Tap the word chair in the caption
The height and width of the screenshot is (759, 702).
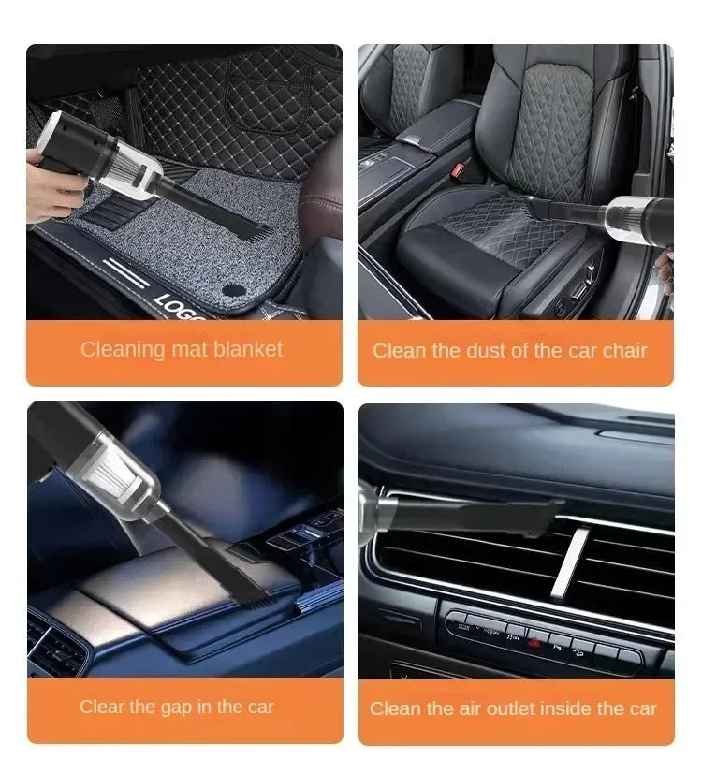click(622, 351)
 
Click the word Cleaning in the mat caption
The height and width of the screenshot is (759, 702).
click(122, 349)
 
